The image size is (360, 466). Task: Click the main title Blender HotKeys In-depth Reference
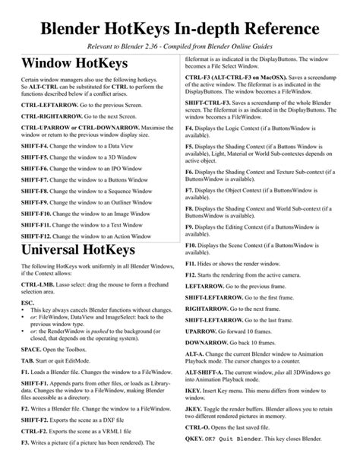click(180, 28)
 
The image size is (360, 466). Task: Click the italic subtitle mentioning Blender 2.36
click(180, 46)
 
